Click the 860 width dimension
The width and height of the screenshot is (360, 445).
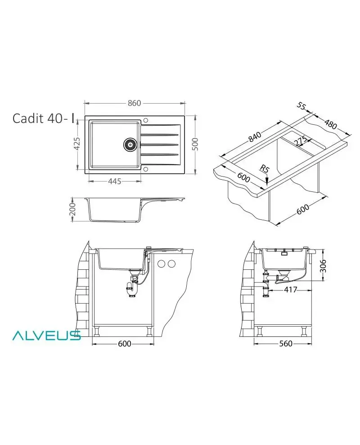point(134,103)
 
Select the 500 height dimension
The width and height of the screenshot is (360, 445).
point(195,144)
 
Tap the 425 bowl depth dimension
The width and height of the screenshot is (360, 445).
point(77,144)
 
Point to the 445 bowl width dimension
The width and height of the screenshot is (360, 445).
point(114,181)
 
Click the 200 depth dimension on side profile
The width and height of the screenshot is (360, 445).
point(72,209)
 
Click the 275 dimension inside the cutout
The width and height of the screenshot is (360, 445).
point(300,141)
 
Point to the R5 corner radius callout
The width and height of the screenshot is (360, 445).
point(265,169)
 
